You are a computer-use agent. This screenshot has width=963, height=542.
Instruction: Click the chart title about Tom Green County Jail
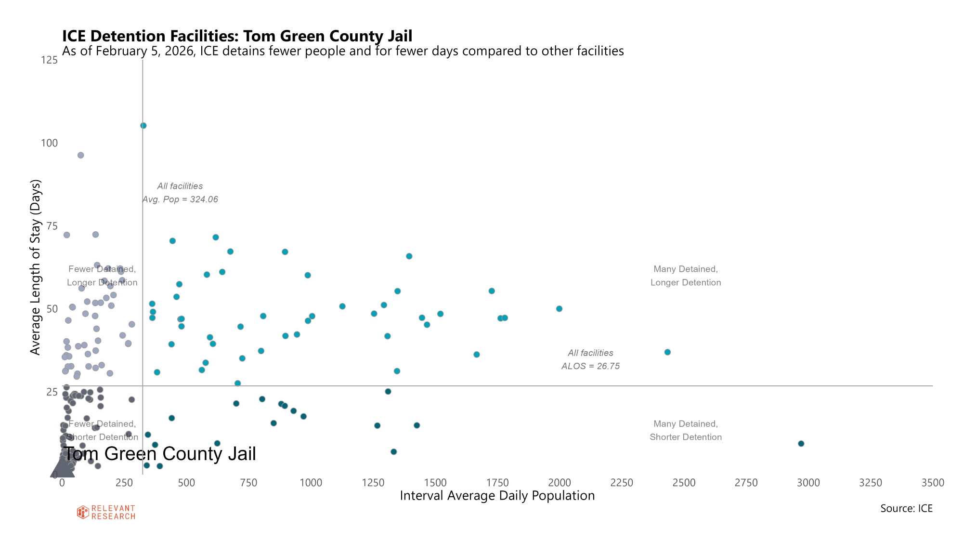coord(237,36)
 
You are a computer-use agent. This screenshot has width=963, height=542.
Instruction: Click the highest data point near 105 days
coord(143,126)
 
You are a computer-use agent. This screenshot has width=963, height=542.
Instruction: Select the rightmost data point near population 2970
coord(801,444)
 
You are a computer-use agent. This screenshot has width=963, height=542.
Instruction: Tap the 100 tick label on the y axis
coord(49,143)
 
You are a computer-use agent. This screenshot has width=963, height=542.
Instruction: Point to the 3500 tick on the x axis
coord(933,483)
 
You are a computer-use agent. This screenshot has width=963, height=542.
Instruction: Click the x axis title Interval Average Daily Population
coord(497,496)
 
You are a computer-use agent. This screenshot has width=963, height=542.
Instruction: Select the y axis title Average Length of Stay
coord(36,267)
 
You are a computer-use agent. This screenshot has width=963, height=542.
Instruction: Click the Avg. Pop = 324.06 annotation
coord(180,199)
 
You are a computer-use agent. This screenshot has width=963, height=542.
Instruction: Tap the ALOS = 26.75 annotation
coord(590,366)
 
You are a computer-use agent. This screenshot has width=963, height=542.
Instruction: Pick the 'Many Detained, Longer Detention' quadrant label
coord(686,276)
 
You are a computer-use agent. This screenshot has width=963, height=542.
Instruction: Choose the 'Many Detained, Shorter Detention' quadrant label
coord(686,431)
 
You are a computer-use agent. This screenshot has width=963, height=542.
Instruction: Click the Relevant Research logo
coord(106,512)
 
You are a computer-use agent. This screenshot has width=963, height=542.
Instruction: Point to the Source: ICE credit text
coord(906,509)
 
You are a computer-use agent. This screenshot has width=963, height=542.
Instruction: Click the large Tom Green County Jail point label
coord(160,454)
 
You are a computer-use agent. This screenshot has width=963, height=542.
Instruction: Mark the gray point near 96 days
coord(81,155)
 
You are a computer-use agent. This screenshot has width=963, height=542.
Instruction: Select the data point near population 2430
coord(667,352)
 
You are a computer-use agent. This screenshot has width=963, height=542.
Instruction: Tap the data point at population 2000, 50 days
coord(559,309)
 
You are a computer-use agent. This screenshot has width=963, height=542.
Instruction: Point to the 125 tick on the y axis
coord(49,60)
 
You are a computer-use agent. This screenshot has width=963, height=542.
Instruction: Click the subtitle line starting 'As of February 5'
coord(343,51)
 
